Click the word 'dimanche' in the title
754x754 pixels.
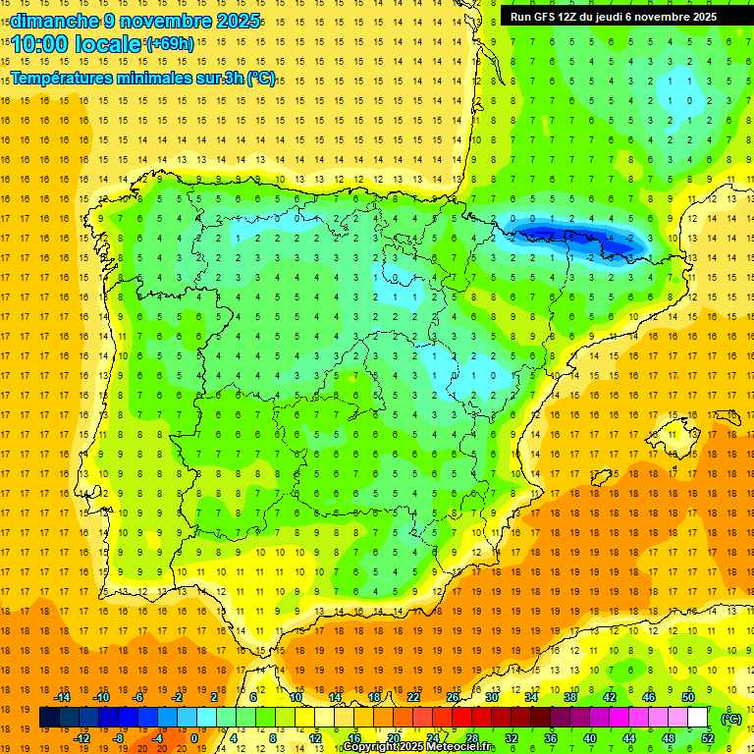pos(54,21)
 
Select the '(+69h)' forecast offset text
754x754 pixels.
pos(169,43)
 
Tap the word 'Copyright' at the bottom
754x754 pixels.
pos(372,747)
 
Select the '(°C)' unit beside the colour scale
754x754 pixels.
pos(731,719)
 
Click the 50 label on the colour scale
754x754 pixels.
pos(687,697)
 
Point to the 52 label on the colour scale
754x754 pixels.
pos(707,738)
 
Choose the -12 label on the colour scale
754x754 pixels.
pos(81,738)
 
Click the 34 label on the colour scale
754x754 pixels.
pos(530,697)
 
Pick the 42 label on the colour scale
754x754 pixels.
pos(609,697)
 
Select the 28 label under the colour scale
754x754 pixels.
pos(471,738)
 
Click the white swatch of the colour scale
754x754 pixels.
pos(697,718)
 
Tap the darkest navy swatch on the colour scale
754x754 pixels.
pos(49,718)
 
